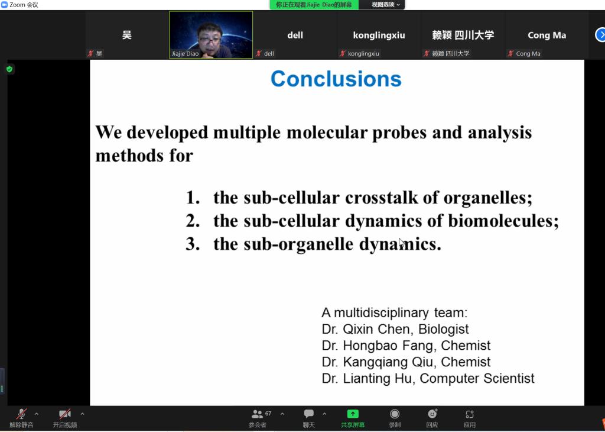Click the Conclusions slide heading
336,79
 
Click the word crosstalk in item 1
381,198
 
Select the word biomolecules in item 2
503,221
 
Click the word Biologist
443,329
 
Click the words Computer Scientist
477,378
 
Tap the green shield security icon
9,69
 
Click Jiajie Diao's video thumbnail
211,35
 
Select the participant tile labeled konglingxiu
379,35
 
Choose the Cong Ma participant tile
547,35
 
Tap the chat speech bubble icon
308,414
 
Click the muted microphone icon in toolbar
22,414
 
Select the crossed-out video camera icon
65,414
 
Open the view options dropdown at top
385,5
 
